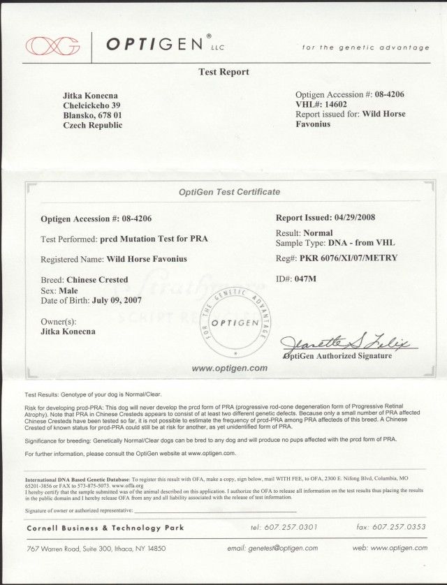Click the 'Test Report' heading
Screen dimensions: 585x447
click(223, 72)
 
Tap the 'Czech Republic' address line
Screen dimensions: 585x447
click(92, 125)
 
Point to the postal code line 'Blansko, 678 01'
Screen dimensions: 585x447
click(92, 114)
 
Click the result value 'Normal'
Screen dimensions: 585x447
click(318, 232)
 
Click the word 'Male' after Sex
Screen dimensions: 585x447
click(66, 290)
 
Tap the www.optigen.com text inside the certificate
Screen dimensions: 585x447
click(229, 367)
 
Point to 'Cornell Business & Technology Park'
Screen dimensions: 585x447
click(105, 528)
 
